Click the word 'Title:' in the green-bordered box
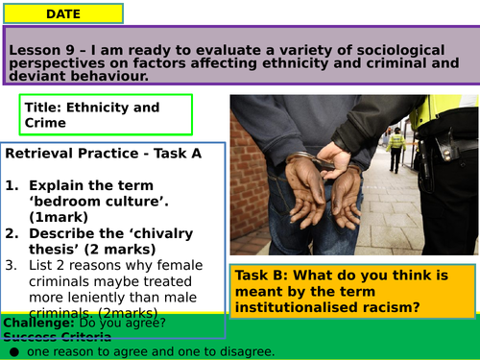pos(42,108)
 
